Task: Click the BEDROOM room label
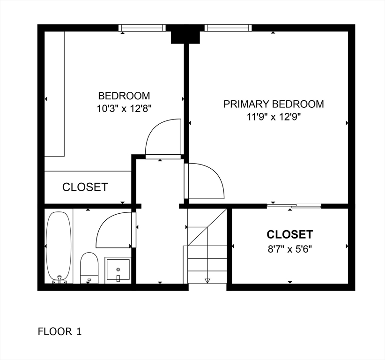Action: tap(124, 96)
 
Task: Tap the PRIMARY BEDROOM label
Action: tap(273, 104)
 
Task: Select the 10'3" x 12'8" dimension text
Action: tap(124, 108)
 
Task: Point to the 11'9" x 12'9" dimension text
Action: tap(273, 117)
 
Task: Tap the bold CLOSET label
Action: tap(289, 234)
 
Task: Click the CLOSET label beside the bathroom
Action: tap(85, 187)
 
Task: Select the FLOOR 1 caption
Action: tap(59, 332)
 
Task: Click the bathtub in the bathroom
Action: tap(59, 246)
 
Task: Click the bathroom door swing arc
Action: tap(113, 230)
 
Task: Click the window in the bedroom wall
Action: tap(142, 28)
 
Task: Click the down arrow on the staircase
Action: tap(207, 280)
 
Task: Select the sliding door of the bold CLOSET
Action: tap(294, 206)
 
